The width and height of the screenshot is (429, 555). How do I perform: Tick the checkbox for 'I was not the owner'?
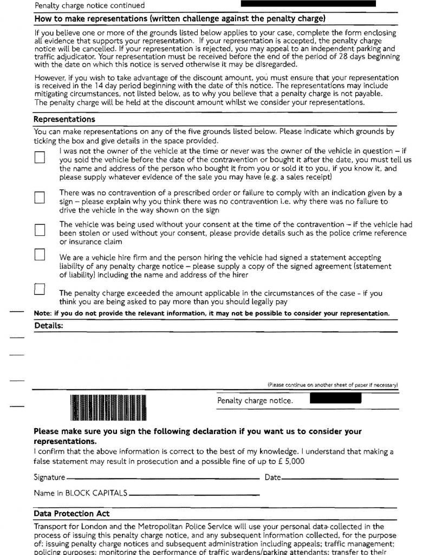coord(40,157)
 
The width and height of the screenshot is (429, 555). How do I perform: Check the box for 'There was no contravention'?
coord(39,197)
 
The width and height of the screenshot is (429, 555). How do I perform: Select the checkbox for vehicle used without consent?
coord(40,229)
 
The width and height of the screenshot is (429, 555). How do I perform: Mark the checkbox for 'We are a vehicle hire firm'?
coord(39,254)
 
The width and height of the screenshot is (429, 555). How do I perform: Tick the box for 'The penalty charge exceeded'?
coord(39,289)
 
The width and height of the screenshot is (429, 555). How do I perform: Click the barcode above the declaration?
coord(108,408)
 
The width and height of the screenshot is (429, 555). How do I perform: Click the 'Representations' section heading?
coord(64,119)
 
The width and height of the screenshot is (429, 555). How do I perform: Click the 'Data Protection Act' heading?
coord(71,514)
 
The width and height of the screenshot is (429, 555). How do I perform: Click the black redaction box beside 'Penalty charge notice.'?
coord(335,399)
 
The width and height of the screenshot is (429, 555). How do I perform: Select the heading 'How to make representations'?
coord(180,18)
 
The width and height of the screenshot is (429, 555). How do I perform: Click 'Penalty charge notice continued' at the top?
coord(89,5)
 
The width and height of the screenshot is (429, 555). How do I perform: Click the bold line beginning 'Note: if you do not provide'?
coord(211,313)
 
